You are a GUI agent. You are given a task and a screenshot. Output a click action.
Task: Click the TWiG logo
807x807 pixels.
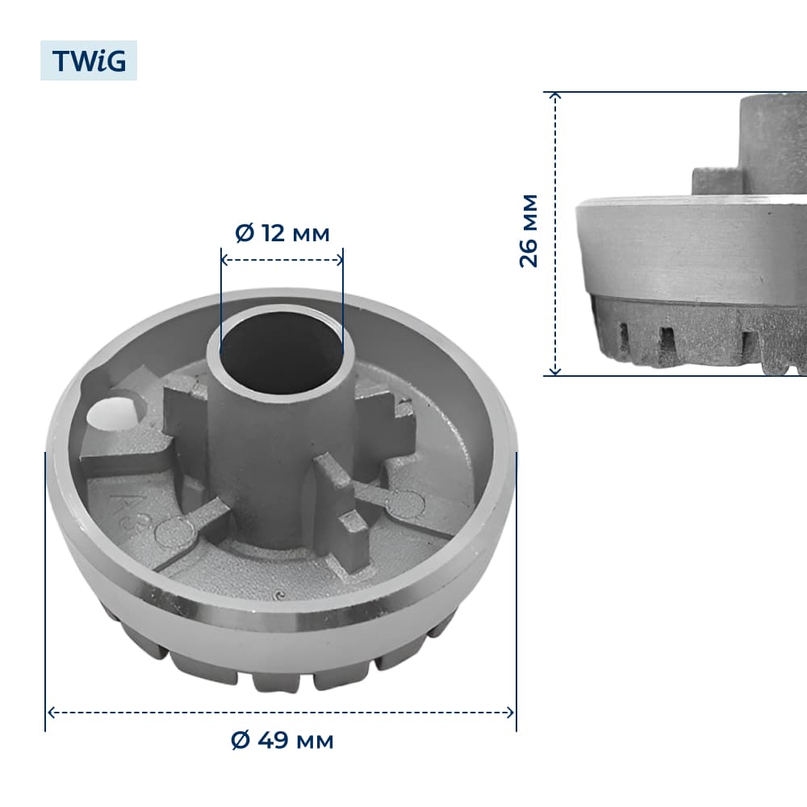[x=89, y=61]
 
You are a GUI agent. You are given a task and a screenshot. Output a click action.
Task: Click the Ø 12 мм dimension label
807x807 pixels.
[x=282, y=234]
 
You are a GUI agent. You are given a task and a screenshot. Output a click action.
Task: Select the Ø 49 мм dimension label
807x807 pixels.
[x=282, y=741]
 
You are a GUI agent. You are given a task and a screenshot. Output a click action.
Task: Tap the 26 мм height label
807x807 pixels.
[x=529, y=231]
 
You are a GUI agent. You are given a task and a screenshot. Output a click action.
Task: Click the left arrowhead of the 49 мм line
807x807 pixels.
[x=51, y=713]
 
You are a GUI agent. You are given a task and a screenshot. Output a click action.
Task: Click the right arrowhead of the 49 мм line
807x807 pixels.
[x=510, y=713]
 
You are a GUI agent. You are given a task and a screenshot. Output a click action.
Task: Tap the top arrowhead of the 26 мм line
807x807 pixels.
[x=555, y=96]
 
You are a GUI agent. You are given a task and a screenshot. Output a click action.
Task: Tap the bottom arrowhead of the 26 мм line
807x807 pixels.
[x=555, y=370]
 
